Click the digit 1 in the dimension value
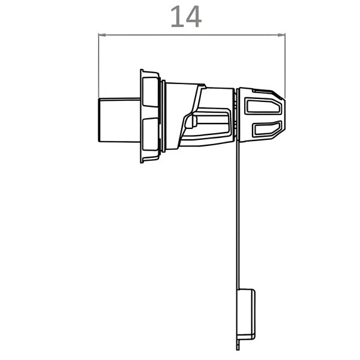click(x=178, y=17)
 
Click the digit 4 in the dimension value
click(x=194, y=17)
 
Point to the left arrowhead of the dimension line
click(x=102, y=35)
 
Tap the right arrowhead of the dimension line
click(x=281, y=35)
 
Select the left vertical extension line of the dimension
click(x=98, y=66)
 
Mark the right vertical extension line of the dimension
click(x=285, y=66)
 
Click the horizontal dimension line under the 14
click(x=192, y=35)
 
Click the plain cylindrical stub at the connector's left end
click(x=119, y=120)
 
